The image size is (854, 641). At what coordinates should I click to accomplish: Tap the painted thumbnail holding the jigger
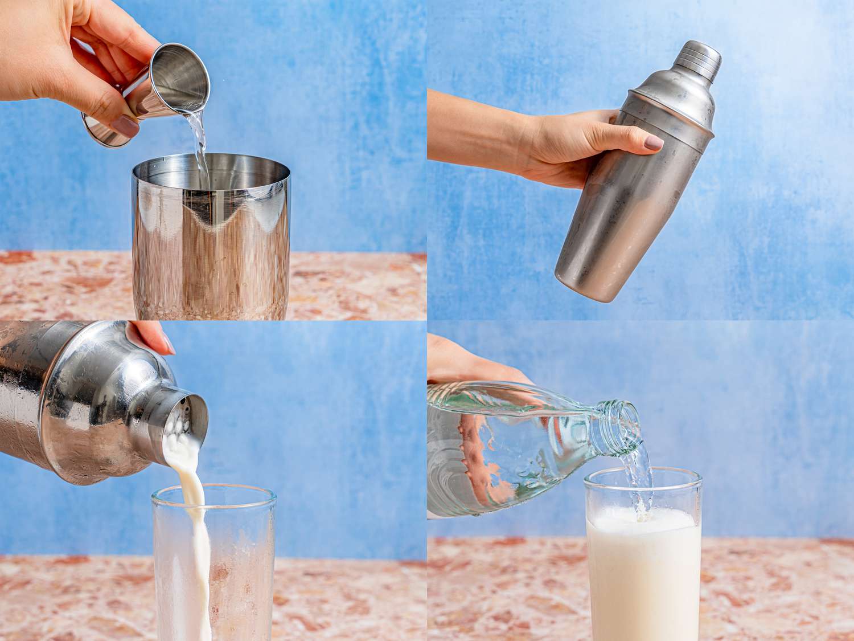(x=125, y=126)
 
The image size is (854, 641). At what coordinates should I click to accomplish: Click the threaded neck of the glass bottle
(x=621, y=422)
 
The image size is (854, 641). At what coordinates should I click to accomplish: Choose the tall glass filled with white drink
(x=643, y=570)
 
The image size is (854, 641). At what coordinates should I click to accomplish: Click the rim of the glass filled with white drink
(x=643, y=472)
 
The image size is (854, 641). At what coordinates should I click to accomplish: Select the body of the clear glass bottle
(x=501, y=450)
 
